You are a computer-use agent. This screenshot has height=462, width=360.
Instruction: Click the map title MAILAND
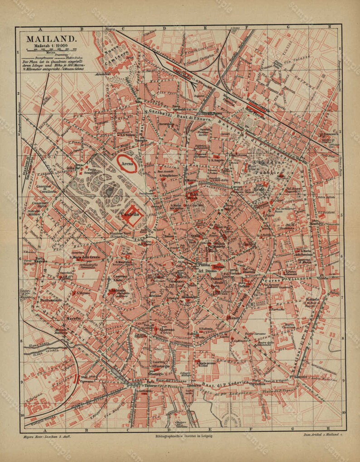pos(51,39)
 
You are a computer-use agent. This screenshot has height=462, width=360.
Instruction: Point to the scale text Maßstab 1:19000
pos(51,46)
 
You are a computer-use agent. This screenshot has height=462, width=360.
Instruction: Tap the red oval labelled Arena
pos(127,164)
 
